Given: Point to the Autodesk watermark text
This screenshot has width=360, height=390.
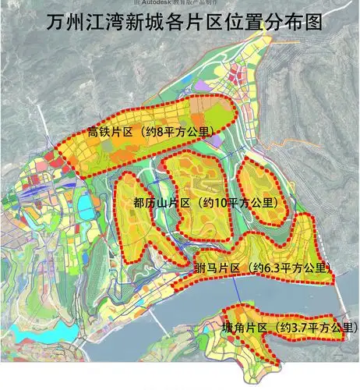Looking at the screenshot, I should (180, 3).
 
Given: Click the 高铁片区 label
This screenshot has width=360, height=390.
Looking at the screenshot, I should (113, 131).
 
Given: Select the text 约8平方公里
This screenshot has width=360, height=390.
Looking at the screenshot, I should (189, 131).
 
